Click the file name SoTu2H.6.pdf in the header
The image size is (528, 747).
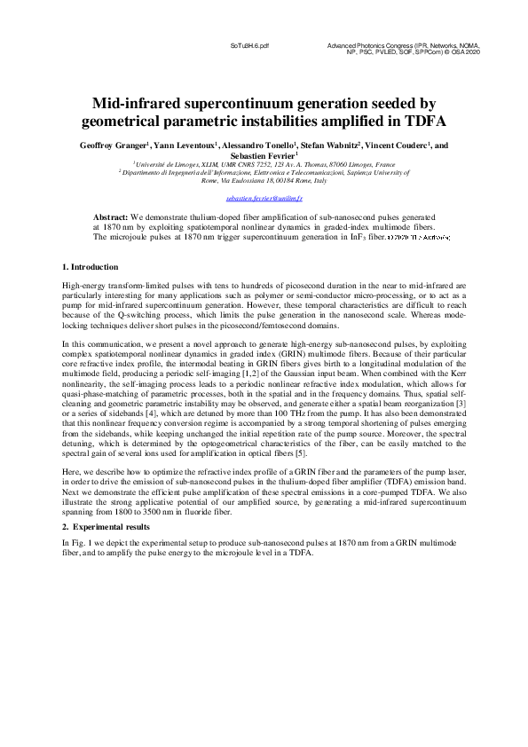[249, 43]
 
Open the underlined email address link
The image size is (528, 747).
[264, 200]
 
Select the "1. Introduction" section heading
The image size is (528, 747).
[90, 267]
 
